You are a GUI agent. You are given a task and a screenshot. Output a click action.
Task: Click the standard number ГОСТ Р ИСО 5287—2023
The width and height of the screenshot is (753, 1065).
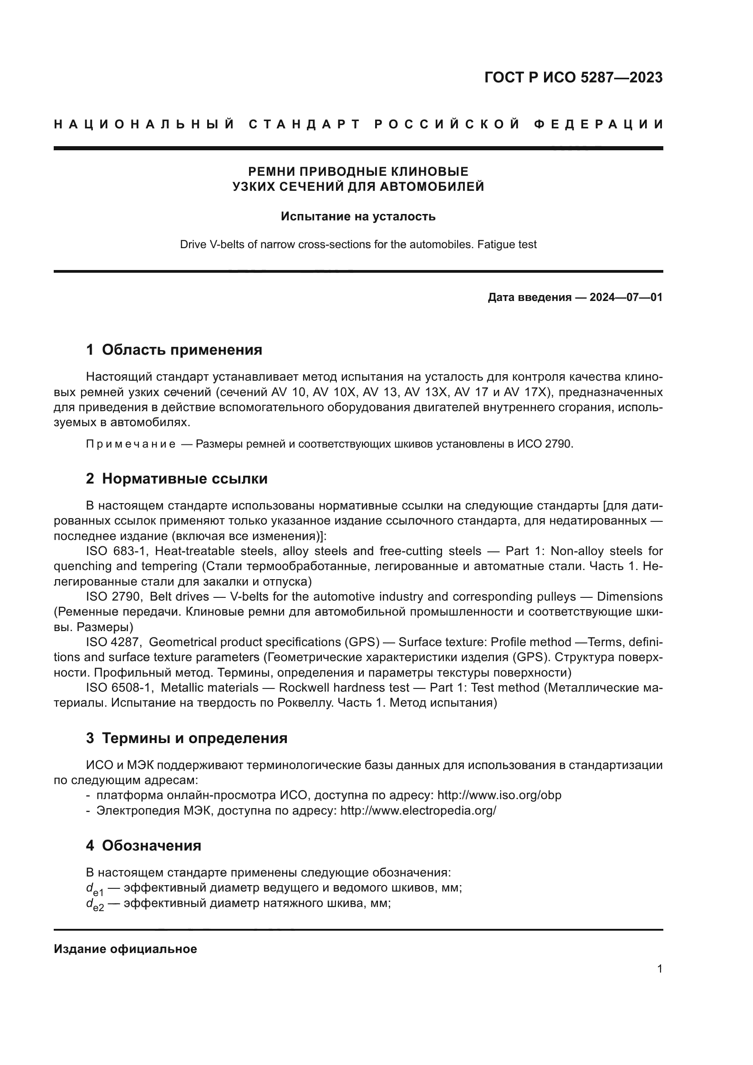(x=573, y=77)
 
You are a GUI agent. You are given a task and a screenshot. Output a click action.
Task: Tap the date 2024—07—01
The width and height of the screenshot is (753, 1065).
(x=626, y=297)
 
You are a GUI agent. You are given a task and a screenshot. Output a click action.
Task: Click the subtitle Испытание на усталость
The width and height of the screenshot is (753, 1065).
(x=358, y=217)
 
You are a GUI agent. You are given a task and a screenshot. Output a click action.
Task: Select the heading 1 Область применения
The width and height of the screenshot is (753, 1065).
(x=174, y=350)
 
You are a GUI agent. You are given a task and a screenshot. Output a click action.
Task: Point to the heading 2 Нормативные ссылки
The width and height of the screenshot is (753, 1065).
(x=177, y=479)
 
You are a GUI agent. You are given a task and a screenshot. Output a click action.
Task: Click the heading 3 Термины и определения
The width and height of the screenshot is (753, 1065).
(x=186, y=738)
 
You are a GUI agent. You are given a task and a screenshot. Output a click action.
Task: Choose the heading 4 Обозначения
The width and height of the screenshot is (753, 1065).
(x=143, y=846)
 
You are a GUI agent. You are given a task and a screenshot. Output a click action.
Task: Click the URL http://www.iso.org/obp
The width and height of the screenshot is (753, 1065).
(x=499, y=795)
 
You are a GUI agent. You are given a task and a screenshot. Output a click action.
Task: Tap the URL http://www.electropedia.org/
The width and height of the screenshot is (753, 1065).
(x=418, y=810)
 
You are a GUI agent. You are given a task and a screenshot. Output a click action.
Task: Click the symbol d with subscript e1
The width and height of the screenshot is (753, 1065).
(x=95, y=889)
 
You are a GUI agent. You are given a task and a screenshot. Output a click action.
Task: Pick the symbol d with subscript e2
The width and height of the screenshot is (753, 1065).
(x=95, y=905)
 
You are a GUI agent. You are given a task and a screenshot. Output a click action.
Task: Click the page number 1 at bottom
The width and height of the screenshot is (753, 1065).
(x=659, y=969)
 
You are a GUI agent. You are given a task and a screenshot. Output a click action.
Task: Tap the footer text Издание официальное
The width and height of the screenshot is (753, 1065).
(x=125, y=949)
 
